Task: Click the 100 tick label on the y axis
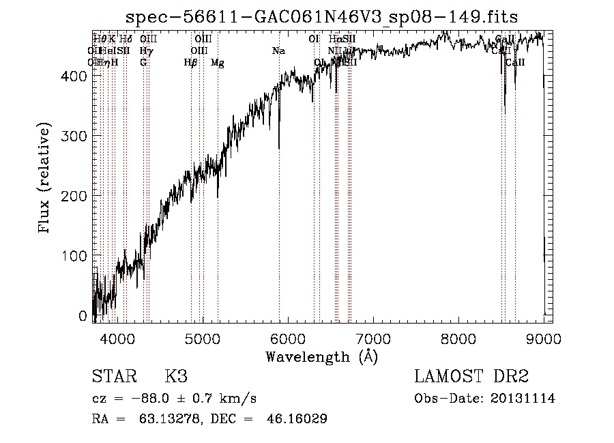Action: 76,256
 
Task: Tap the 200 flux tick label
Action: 76,196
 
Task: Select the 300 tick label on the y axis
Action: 76,136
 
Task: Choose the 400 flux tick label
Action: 76,76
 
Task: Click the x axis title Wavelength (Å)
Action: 321,356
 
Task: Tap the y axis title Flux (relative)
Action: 45,179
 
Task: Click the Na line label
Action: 278,51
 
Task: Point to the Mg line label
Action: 218,63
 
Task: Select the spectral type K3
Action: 176,377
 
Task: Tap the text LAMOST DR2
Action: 471,377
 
